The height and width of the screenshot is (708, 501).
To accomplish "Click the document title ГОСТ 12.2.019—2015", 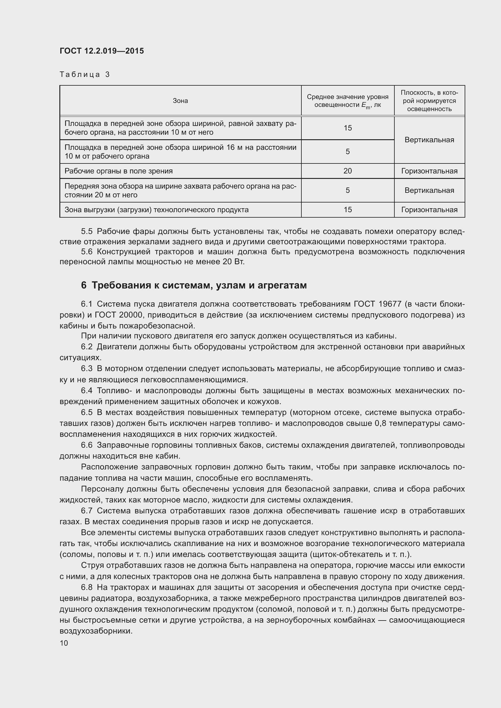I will [x=101, y=51].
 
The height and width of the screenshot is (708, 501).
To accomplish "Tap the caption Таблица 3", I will [x=85, y=75].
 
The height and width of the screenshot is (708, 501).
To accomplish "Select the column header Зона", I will [x=180, y=101].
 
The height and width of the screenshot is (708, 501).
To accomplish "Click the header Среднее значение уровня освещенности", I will [x=347, y=101].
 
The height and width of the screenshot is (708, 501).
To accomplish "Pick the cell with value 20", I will [x=347, y=171].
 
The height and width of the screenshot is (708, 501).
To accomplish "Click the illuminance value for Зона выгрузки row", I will [x=347, y=210].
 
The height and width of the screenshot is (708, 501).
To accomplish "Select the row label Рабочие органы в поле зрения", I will [x=118, y=171].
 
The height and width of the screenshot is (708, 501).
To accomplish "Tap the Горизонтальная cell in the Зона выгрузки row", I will [x=429, y=210].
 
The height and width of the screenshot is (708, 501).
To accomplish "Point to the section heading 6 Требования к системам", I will [x=194, y=285].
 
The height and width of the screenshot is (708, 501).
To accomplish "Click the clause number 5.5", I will [x=87, y=232].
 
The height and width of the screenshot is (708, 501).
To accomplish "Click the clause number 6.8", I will [x=87, y=588].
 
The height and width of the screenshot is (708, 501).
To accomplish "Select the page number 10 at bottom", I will [x=64, y=643].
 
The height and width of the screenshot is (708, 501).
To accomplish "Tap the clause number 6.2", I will [x=87, y=347].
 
